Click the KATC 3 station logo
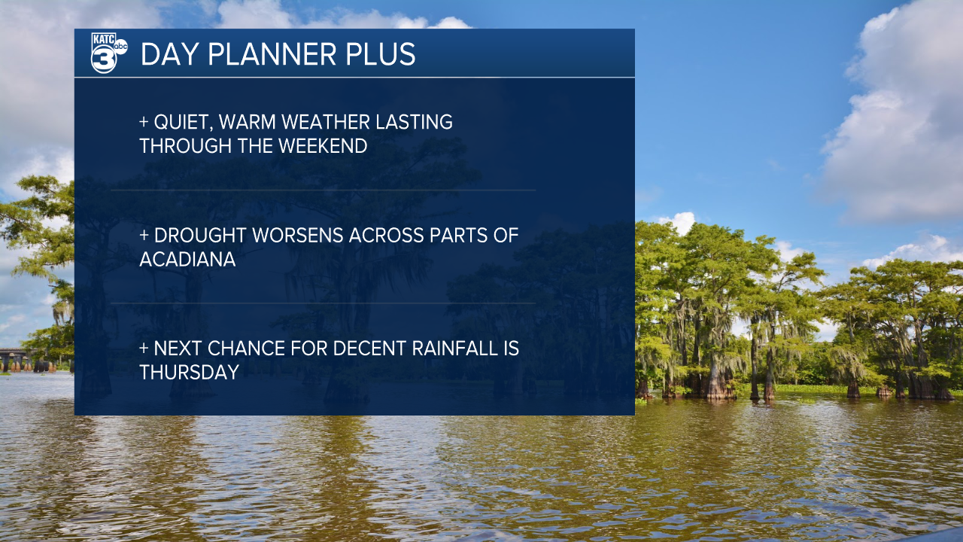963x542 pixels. point(109,53)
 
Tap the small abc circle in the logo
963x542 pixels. point(120,47)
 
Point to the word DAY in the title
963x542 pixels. point(170,54)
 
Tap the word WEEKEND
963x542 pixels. point(323,146)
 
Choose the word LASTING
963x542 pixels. point(414,122)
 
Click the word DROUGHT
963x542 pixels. point(200,236)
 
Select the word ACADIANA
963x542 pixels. point(187,260)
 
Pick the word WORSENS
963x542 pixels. point(297,236)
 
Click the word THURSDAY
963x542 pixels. point(189,373)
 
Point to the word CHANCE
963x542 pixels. point(246,349)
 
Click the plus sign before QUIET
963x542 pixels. point(144,122)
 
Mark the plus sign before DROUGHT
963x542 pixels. point(144,236)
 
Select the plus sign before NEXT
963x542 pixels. point(144,349)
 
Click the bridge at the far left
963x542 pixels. point(26,360)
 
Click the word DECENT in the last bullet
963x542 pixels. point(369,349)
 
